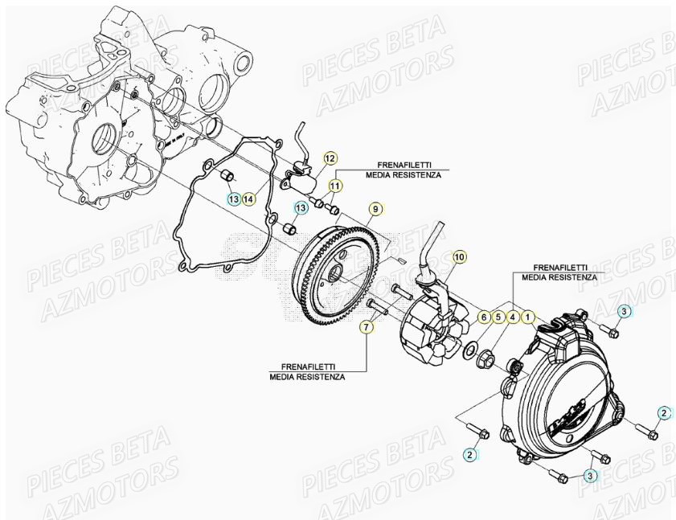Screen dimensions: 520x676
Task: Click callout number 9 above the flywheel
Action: (x=374, y=210)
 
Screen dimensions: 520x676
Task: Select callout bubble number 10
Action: (x=459, y=257)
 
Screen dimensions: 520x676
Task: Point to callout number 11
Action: (x=334, y=186)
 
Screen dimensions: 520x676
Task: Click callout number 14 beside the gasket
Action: (x=248, y=199)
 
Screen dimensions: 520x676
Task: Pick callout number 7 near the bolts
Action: (x=366, y=326)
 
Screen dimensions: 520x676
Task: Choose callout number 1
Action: (x=527, y=317)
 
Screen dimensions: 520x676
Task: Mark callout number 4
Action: (x=512, y=317)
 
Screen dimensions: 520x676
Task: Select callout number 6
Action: (x=484, y=317)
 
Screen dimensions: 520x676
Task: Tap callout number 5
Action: (x=498, y=317)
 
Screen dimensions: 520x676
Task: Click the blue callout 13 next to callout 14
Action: (x=232, y=199)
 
